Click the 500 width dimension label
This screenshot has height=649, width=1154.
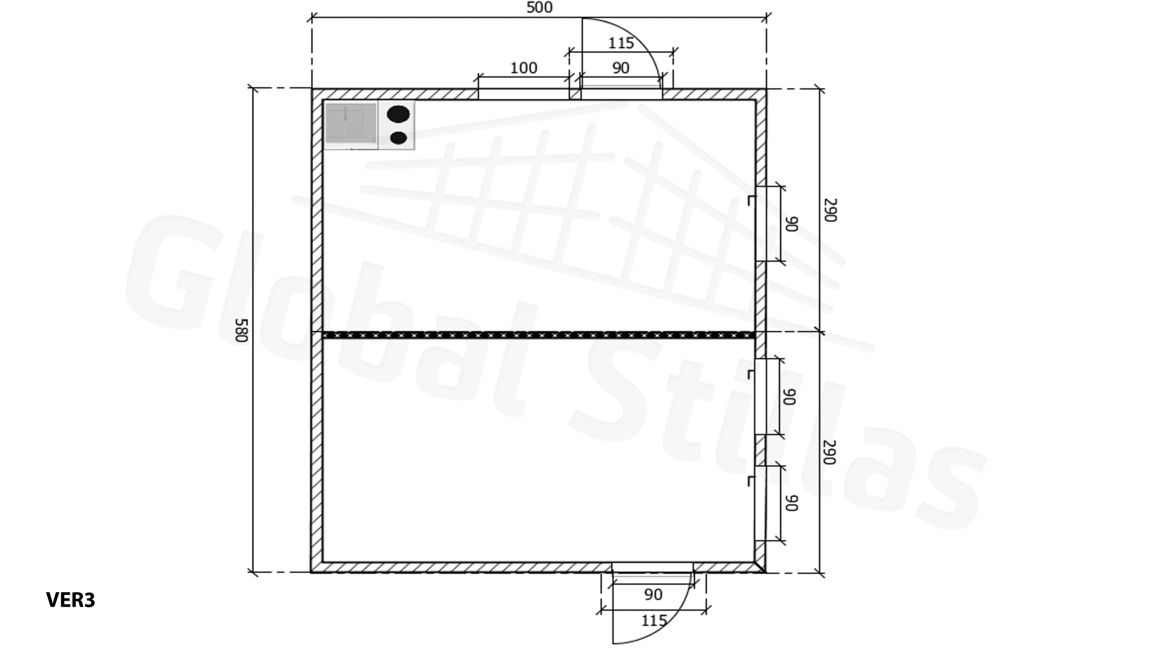(540, 7)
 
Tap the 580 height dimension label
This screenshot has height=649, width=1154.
(242, 330)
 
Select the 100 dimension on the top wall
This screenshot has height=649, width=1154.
(523, 68)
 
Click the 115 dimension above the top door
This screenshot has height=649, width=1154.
(621, 43)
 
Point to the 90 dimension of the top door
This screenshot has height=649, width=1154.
(621, 68)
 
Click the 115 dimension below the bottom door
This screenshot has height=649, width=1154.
(654, 621)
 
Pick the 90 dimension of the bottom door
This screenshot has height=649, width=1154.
(653, 594)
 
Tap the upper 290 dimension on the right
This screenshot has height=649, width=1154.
(830, 210)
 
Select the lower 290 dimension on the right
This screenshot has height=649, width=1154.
(830, 452)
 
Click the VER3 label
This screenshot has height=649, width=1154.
(71, 600)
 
